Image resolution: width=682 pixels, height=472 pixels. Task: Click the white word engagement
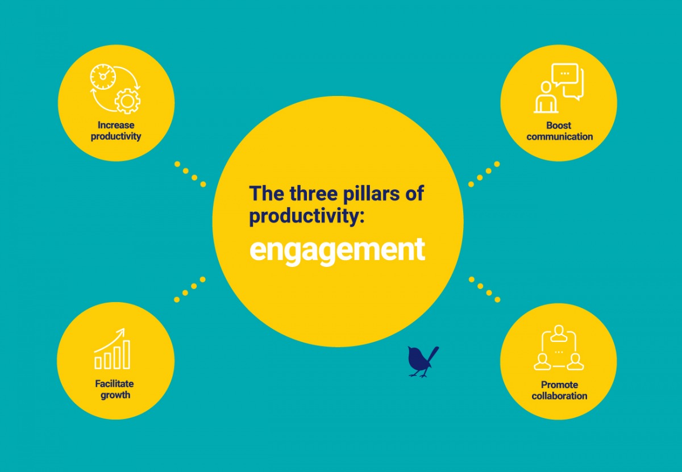point(337,249)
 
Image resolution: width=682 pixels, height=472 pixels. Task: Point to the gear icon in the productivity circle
point(127,101)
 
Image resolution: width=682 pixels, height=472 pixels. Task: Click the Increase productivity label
point(116,131)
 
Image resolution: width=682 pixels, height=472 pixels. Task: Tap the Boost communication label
point(559,131)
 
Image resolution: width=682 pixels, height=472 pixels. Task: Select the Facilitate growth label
point(115,389)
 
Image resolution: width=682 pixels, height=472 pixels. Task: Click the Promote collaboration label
point(559,390)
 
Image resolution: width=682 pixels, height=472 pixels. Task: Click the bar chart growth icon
point(113,349)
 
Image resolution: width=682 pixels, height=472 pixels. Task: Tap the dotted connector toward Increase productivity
point(190,174)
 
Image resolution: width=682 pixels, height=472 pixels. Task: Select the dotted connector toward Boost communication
point(484,174)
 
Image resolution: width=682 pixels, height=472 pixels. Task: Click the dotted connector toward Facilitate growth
point(190,289)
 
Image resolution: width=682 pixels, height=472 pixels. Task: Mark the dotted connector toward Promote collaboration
point(484,289)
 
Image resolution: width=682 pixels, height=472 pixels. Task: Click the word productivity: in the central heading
point(305,216)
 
